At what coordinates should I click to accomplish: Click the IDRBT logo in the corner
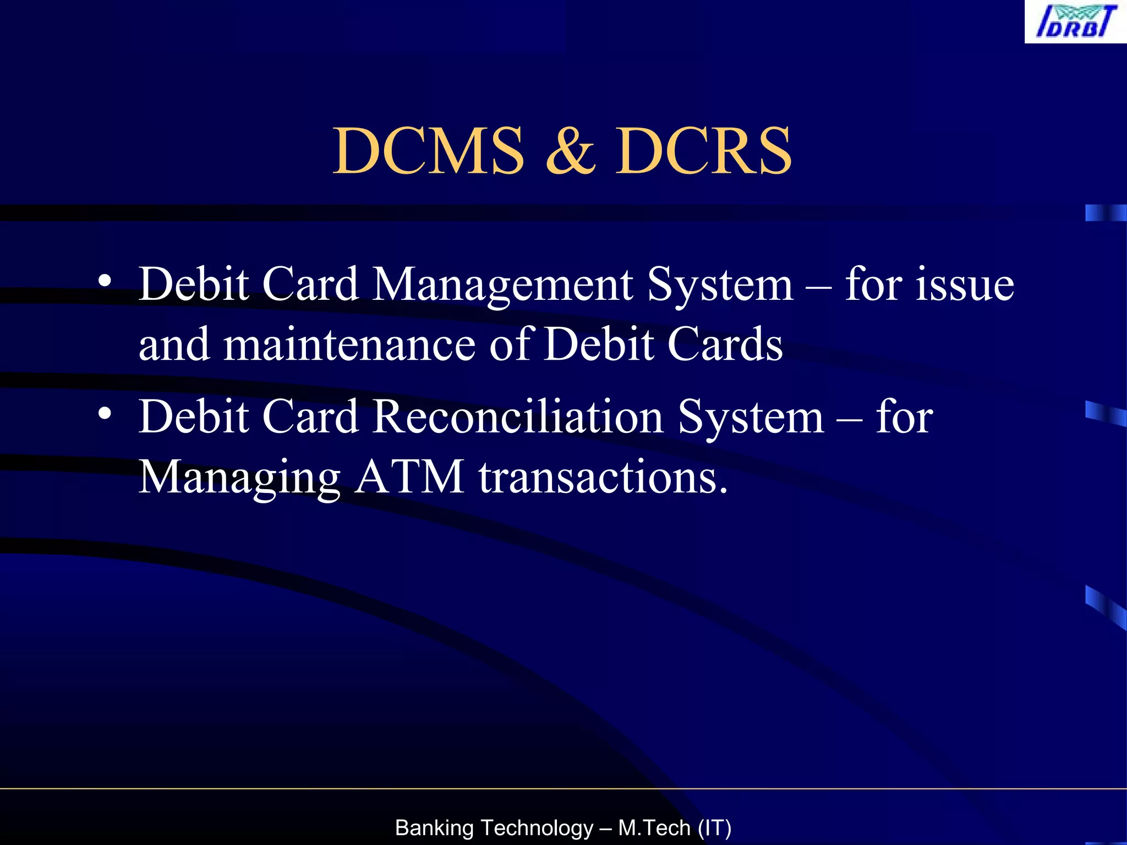coord(1075,22)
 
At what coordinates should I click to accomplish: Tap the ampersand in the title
coord(571,151)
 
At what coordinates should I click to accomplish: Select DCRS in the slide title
coord(703,151)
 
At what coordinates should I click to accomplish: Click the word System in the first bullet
coord(720,285)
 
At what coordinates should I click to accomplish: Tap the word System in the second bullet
coord(751,416)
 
